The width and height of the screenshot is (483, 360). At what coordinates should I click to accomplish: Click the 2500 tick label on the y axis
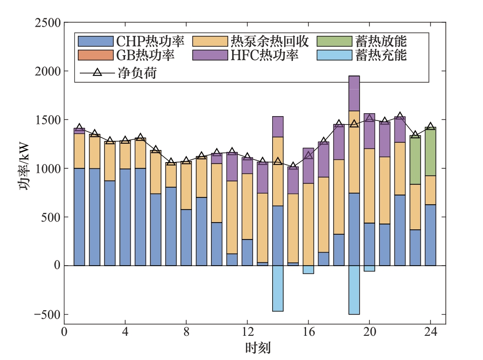pos(47,23)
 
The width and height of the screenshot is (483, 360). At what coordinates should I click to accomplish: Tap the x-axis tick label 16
pos(308,332)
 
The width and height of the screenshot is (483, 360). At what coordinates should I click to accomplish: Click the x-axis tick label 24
pos(430,332)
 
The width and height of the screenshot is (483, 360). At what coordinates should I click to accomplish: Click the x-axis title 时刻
pos(257,348)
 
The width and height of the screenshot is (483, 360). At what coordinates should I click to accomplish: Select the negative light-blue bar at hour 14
pos(278,288)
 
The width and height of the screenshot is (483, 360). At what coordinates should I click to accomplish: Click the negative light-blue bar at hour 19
pos(354,290)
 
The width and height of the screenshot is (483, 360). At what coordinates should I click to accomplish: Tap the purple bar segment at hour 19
pos(354,93)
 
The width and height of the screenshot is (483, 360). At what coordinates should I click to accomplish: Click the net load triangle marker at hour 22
pos(400,117)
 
